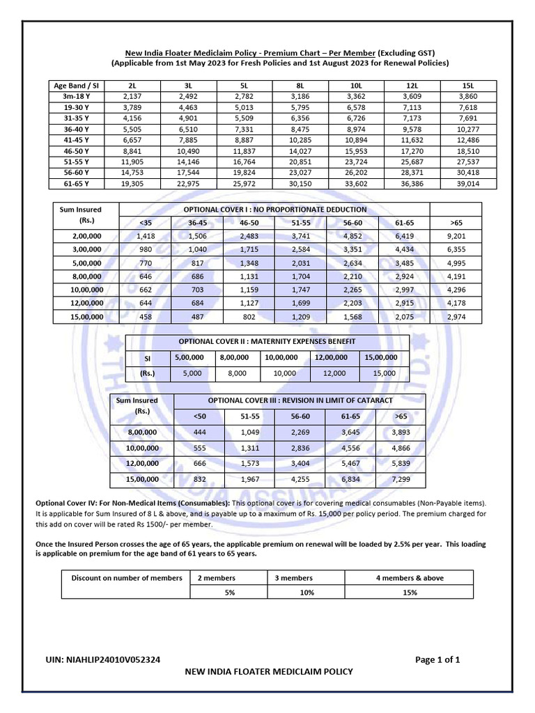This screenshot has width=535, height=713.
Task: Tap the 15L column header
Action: point(467,85)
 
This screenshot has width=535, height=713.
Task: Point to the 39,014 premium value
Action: point(467,184)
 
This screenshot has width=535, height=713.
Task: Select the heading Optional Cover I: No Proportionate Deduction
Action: point(274,209)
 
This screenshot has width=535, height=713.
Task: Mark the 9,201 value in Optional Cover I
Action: point(456,236)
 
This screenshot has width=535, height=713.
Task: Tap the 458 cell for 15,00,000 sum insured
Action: point(145,316)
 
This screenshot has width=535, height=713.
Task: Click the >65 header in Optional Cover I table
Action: point(456,222)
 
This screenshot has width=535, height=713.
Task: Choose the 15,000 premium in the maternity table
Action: point(384,373)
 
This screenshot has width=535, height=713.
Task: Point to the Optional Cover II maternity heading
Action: point(267,341)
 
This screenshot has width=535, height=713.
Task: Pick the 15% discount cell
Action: point(409,592)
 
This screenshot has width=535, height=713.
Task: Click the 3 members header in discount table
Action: point(293,578)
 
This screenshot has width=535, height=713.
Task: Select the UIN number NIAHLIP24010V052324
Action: point(108,659)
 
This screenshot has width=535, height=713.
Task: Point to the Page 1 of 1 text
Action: point(437,659)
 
